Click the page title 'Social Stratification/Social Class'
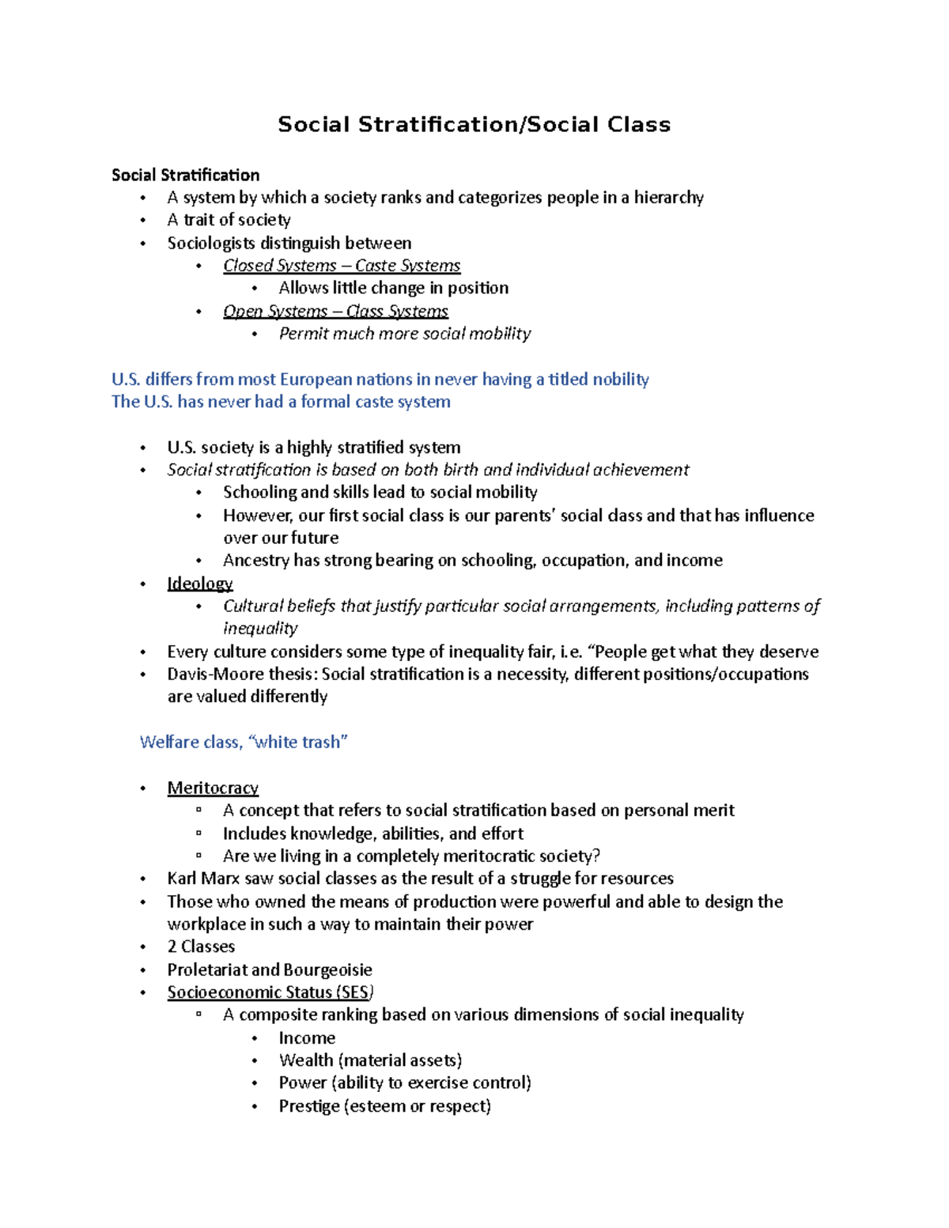pos(474,125)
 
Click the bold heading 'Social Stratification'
pos(185,175)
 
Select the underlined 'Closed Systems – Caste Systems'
pos(342,266)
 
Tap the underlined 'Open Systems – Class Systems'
pos(335,312)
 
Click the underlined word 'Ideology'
pos(200,584)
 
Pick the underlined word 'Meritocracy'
pos(213,788)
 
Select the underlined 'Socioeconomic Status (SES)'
pos(270,992)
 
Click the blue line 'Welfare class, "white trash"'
pos(244,742)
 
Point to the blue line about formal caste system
pos(281,402)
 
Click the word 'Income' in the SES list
pos(307,1038)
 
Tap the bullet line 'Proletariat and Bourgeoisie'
pos(270,970)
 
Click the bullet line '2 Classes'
pos(201,947)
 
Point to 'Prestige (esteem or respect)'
pos(384,1106)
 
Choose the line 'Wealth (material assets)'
pos(370,1060)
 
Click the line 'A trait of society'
pos(229,220)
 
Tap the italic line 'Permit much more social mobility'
pos(404,334)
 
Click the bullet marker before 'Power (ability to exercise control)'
pos(255,1083)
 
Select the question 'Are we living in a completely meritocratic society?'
pos(411,856)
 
